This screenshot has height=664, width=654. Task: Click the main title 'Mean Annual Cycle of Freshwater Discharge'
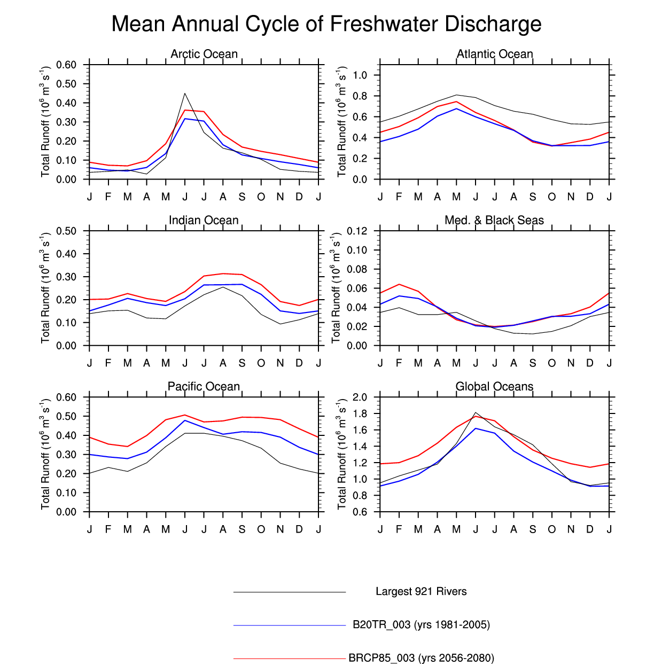point(326,25)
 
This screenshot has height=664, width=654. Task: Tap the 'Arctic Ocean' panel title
point(204,54)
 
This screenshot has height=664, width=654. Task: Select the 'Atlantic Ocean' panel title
point(495,54)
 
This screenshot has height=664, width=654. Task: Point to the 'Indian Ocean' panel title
point(204,220)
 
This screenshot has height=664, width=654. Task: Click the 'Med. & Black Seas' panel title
point(494,220)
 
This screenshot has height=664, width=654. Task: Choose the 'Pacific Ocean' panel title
point(204,386)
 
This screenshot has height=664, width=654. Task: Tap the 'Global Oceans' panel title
point(494,386)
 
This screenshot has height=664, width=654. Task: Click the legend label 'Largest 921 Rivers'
point(421,591)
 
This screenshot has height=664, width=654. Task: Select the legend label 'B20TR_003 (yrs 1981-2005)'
point(421,624)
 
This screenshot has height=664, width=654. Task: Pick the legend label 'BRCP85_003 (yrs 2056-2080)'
point(421,658)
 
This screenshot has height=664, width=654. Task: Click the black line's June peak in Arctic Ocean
point(185,93)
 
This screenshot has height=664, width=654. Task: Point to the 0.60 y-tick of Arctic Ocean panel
point(66,65)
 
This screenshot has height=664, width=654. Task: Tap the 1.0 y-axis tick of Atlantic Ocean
point(360,75)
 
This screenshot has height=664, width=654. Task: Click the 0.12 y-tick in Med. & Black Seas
point(357,231)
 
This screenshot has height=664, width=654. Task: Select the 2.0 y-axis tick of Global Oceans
point(360,397)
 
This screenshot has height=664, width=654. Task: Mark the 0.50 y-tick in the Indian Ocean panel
point(66,231)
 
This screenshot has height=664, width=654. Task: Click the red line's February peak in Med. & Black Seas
point(399,284)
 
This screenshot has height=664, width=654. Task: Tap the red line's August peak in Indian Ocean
point(223,274)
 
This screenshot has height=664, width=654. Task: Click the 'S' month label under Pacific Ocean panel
point(242,529)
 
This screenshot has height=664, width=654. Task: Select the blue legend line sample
point(290,625)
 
